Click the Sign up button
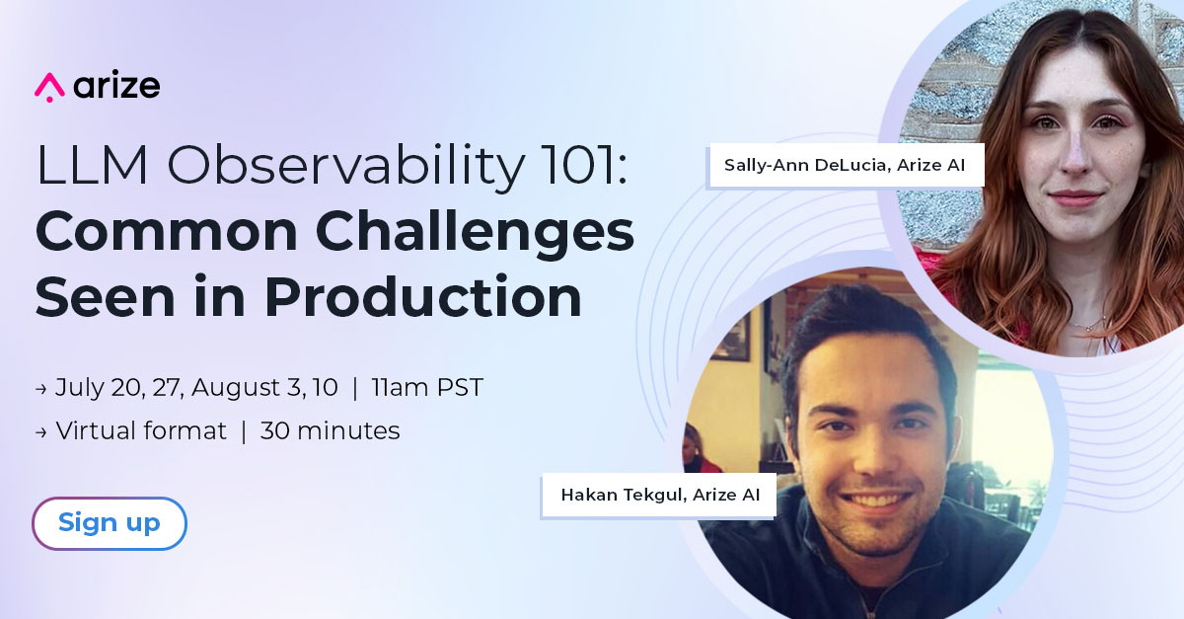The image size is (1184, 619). tap(110, 522)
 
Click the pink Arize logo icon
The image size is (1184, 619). tap(49, 87)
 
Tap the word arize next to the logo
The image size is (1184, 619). tap(116, 85)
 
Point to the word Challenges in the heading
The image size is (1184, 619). tap(476, 232)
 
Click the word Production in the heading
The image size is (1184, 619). tap(423, 296)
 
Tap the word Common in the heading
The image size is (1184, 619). tap(167, 231)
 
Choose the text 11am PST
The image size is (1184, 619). tap(427, 387)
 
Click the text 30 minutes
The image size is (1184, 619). tap(330, 430)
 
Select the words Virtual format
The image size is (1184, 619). tap(141, 430)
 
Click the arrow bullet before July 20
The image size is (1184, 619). tap(41, 389)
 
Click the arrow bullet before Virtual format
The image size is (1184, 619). tap(41, 432)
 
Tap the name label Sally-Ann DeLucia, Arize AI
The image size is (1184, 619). tap(846, 165)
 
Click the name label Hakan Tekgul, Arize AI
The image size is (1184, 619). tap(659, 496)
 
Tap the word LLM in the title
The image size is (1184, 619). tap(92, 166)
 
